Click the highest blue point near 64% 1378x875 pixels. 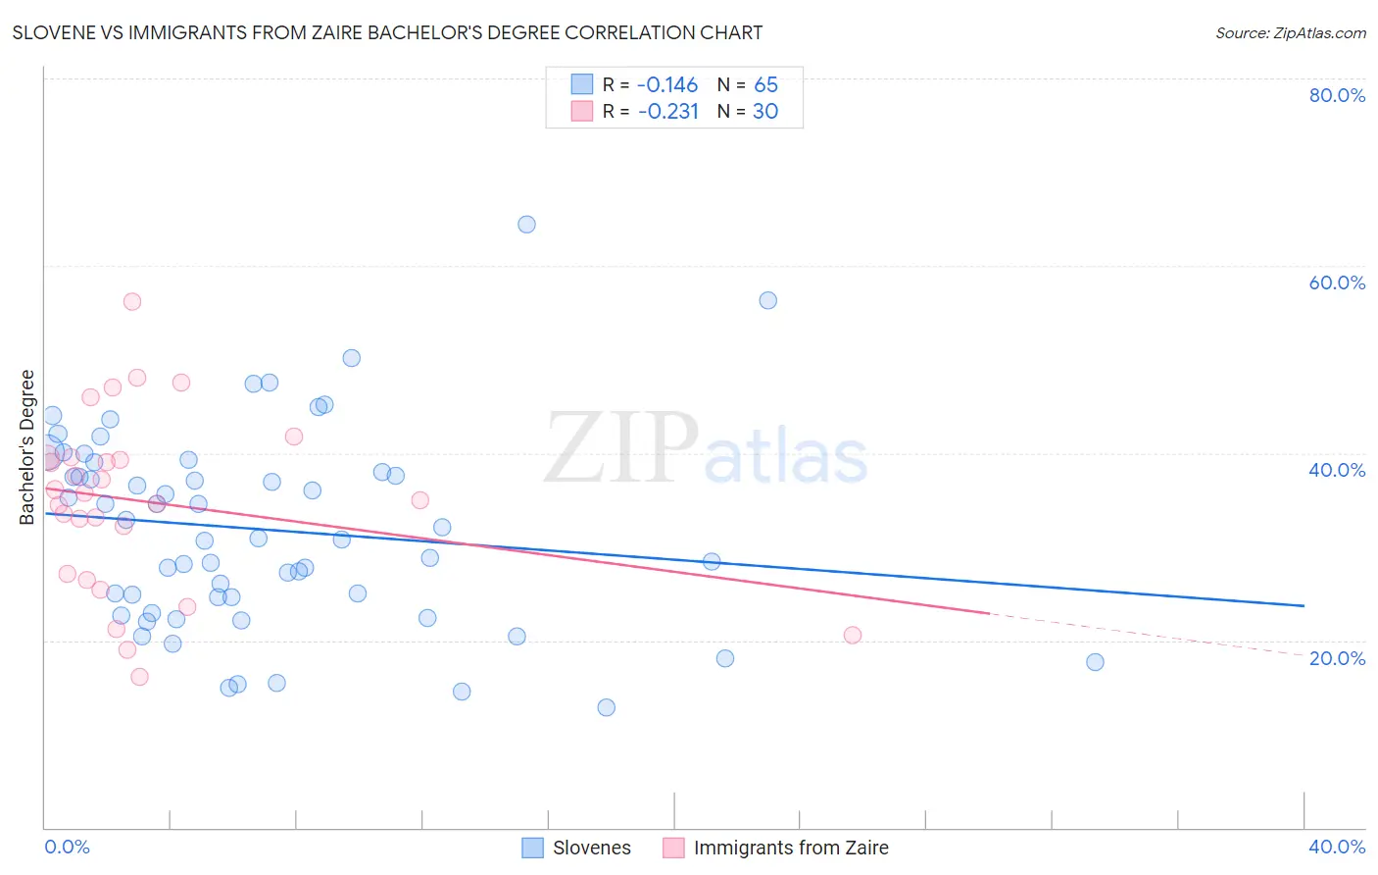click(526, 225)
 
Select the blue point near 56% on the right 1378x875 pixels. click(768, 300)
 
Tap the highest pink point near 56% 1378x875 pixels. click(132, 301)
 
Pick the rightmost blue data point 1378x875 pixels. click(1096, 662)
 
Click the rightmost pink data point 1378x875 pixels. click(853, 635)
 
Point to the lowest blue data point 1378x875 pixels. click(607, 707)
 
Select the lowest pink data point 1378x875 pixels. click(139, 677)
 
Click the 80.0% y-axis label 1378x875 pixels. click(1337, 95)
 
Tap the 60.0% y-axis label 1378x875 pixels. click(1337, 283)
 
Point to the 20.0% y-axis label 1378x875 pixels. click(1337, 658)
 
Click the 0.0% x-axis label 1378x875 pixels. click(68, 847)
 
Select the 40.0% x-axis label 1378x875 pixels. click(1337, 847)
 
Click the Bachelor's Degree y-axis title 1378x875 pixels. click(27, 447)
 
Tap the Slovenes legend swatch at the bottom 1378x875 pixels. click(532, 848)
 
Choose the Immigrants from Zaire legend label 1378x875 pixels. click(791, 848)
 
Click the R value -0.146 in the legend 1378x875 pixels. click(667, 84)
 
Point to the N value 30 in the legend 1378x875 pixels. click(765, 112)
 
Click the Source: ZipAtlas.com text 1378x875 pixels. click(1290, 33)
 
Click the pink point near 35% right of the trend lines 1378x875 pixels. click(420, 500)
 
